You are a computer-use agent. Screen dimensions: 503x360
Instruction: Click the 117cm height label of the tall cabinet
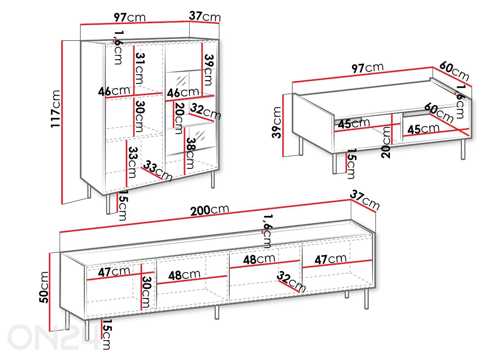(55, 109)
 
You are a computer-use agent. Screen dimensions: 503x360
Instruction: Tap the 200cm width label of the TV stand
(209, 210)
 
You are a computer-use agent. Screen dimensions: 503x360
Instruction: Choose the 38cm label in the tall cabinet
(191, 153)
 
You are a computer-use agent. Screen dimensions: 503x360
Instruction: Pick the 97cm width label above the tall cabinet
(130, 17)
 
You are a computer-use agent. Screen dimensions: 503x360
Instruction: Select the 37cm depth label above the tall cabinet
(205, 16)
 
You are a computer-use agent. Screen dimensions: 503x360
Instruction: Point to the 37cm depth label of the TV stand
(365, 200)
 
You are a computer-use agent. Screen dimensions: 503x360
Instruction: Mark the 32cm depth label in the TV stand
(291, 282)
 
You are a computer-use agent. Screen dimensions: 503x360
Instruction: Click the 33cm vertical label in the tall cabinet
(133, 162)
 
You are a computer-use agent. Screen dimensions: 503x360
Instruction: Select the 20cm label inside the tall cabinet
(180, 118)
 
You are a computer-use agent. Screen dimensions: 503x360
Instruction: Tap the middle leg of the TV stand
(217, 312)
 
